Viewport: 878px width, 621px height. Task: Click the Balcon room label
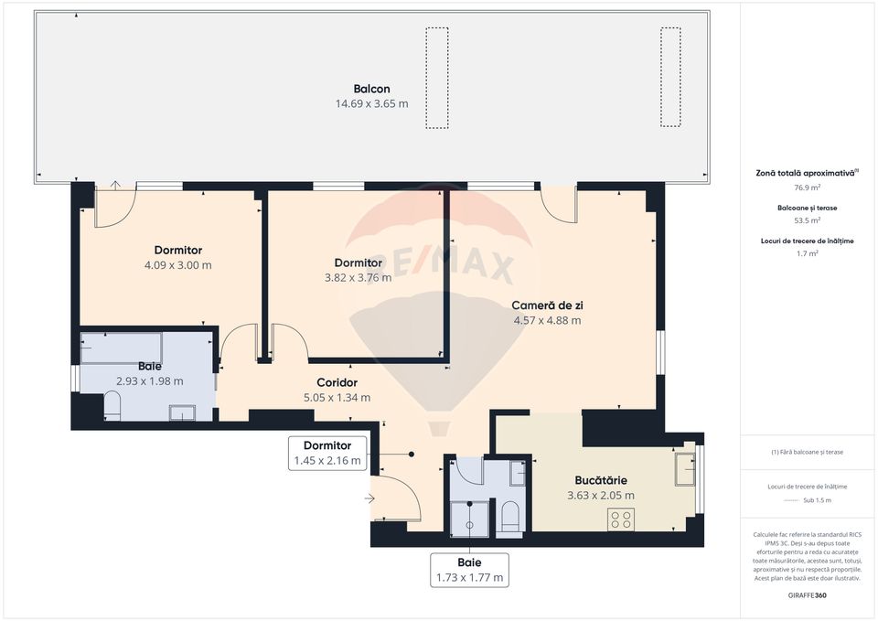pos(371,89)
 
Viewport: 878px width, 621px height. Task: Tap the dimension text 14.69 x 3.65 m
pos(371,104)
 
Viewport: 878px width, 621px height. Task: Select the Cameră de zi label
pos(547,305)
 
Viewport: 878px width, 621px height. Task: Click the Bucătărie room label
pos(601,480)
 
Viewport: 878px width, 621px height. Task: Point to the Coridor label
pos(337,382)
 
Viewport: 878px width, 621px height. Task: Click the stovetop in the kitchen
pos(621,519)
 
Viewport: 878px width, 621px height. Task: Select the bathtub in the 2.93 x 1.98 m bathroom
pos(121,348)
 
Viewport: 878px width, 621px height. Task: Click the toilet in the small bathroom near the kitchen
pos(510,517)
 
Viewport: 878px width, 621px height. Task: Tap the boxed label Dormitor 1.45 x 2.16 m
pos(327,453)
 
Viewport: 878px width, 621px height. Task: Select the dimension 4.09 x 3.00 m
pos(177,265)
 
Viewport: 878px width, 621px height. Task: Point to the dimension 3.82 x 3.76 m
pos(357,278)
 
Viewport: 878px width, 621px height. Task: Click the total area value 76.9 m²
pos(806,187)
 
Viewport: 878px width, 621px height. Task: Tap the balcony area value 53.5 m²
pos(806,220)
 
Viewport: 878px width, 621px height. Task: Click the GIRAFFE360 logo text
pos(806,595)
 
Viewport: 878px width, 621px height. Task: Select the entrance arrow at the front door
pos(369,498)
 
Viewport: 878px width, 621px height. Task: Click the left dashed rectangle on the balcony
pos(437,77)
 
